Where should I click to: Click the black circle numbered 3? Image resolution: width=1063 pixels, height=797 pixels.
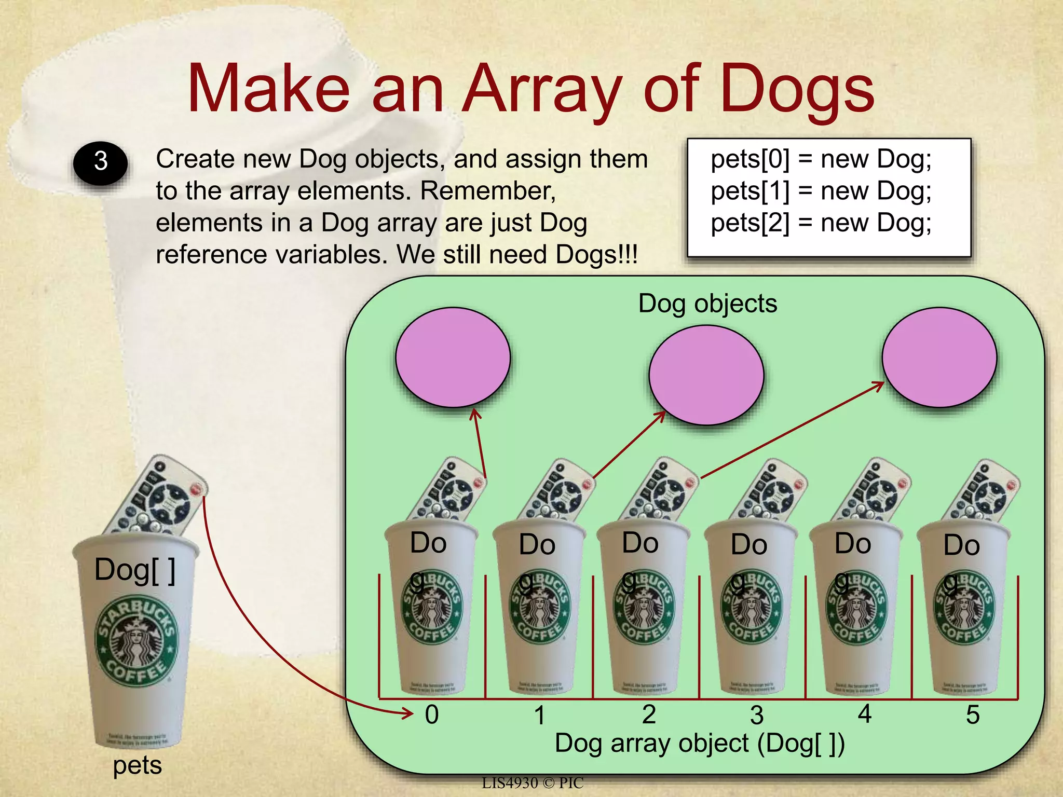100,162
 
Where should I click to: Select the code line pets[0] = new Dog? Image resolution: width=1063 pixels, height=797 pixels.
821,159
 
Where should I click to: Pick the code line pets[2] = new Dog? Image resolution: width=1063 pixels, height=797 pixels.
821,223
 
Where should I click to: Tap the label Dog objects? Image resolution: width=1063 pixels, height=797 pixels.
707,304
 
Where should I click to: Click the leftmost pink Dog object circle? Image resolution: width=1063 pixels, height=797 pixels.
453,357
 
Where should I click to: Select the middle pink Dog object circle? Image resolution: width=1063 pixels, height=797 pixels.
706,375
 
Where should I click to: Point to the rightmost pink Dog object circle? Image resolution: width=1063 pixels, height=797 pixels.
939,357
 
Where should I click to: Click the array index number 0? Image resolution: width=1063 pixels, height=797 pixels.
432,714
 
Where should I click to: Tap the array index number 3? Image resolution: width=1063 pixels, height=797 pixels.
757,716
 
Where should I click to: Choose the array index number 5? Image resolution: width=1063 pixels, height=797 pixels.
972,715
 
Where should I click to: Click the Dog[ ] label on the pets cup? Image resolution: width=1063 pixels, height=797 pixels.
135,570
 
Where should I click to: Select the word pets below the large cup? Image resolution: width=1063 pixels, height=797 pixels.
138,765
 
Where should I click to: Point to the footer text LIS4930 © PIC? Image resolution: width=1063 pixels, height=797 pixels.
533,783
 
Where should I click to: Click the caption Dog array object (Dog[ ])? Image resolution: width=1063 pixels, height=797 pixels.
699,743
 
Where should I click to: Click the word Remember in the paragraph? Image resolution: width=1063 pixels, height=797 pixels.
487,191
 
